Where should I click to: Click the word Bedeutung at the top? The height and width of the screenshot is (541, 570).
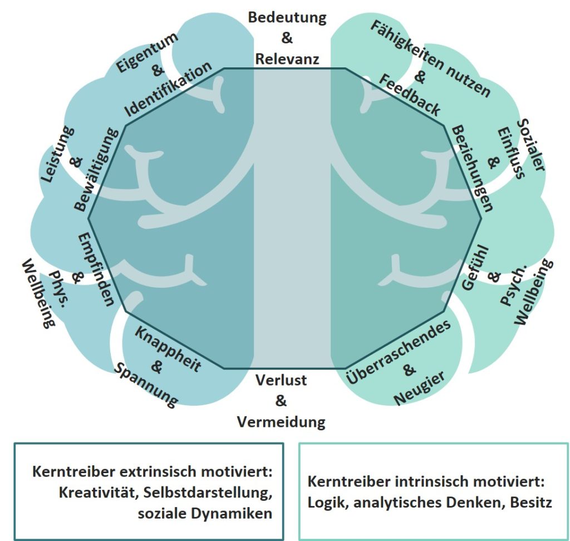coord(287,17)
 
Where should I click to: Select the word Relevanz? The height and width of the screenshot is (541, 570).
coord(287,58)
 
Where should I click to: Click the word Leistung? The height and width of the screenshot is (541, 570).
coord(58,156)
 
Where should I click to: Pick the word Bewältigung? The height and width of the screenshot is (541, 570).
coord(97,170)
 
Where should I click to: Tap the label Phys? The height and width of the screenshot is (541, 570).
coord(60,286)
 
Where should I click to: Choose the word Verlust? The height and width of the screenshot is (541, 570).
coord(281,381)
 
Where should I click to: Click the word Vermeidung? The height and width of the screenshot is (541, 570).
coord(281,421)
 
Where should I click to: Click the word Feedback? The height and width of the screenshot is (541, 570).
coord(410,95)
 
